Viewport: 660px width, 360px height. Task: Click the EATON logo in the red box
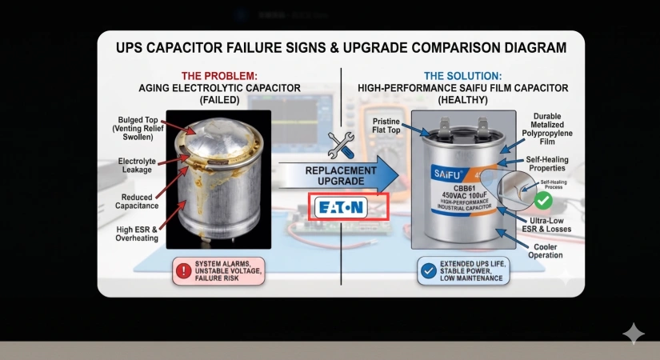click(342, 207)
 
